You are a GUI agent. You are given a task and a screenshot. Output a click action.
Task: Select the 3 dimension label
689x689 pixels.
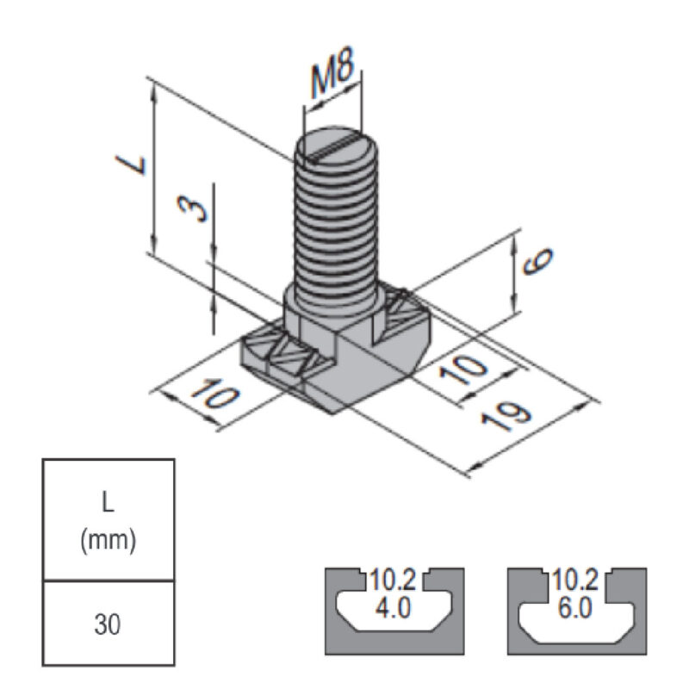pos(197,208)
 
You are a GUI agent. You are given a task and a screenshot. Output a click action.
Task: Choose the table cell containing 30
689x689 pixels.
pos(109,623)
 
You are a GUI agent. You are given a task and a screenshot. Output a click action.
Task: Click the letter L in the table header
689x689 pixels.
pos(109,500)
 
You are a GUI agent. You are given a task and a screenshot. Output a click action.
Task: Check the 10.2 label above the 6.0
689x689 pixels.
pos(574,580)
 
